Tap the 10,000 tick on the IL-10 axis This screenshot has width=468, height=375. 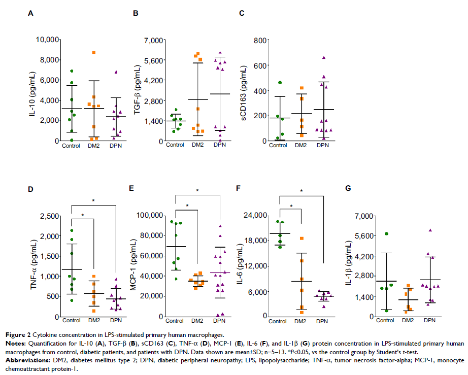(x=42, y=40)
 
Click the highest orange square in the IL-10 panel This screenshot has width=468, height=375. (x=94, y=52)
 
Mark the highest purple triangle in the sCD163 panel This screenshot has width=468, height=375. (x=323, y=58)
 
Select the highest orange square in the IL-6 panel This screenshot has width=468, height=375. (x=302, y=238)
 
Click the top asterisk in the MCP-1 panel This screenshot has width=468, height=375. (x=197, y=190)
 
